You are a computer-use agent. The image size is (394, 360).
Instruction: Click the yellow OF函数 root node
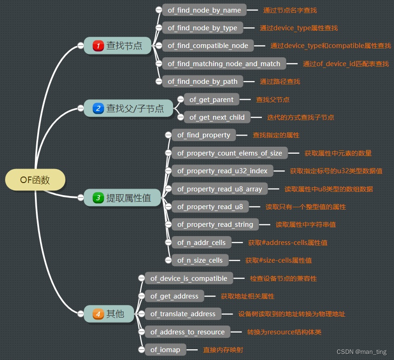click(x=35, y=180)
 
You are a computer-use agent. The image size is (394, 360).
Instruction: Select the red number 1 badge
click(x=98, y=46)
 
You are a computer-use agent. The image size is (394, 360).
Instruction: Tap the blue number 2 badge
click(x=98, y=109)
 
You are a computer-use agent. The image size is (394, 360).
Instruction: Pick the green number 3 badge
click(x=98, y=198)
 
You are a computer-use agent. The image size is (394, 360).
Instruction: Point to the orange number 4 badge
click(x=98, y=314)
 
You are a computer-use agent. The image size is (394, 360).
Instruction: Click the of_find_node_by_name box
click(x=204, y=10)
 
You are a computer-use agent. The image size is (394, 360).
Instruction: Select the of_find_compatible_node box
click(x=208, y=46)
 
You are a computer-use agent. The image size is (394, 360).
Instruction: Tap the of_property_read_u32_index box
click(x=222, y=171)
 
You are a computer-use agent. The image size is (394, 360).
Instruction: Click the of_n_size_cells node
click(x=200, y=260)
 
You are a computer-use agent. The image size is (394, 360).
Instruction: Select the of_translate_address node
click(x=183, y=314)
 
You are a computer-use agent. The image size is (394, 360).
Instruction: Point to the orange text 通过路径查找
click(x=280, y=82)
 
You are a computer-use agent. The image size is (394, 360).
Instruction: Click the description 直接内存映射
click(x=223, y=350)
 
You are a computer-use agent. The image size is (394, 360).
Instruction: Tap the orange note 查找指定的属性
click(x=276, y=135)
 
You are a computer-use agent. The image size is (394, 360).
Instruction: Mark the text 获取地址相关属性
click(x=247, y=296)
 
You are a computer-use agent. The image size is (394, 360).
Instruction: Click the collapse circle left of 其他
click(x=80, y=314)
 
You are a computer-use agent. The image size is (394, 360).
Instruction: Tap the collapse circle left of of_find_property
click(x=168, y=135)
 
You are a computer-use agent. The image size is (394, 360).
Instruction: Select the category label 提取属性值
click(x=129, y=198)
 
